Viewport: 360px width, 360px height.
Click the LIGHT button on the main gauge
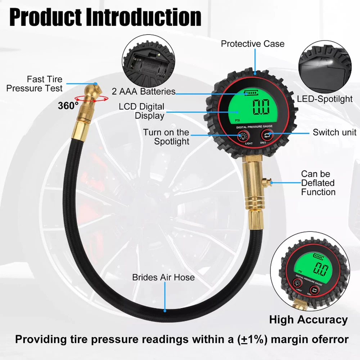pos(243,136)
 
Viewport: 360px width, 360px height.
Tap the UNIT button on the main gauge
pos(267,135)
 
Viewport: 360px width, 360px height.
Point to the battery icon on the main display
pos(251,93)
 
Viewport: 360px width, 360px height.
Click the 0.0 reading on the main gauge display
pos(261,107)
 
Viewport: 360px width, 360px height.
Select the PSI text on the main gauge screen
pos(237,120)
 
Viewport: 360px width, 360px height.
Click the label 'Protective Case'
pos(253,44)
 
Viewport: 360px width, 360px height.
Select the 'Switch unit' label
pos(334,132)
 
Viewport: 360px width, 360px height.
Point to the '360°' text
pos(68,105)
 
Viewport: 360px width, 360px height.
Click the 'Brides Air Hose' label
pos(163,277)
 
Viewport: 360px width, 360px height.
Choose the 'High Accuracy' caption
pos(309,320)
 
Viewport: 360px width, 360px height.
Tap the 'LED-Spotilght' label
pos(325,99)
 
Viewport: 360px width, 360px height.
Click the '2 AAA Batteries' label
pos(144,91)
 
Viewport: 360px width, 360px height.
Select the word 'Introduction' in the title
pos(144,17)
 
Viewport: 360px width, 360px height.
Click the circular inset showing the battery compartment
pos(148,61)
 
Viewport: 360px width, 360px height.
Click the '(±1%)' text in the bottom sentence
pos(252,339)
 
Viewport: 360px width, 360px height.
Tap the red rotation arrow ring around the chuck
pos(91,99)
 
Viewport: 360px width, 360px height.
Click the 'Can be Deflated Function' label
pos(318,183)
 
